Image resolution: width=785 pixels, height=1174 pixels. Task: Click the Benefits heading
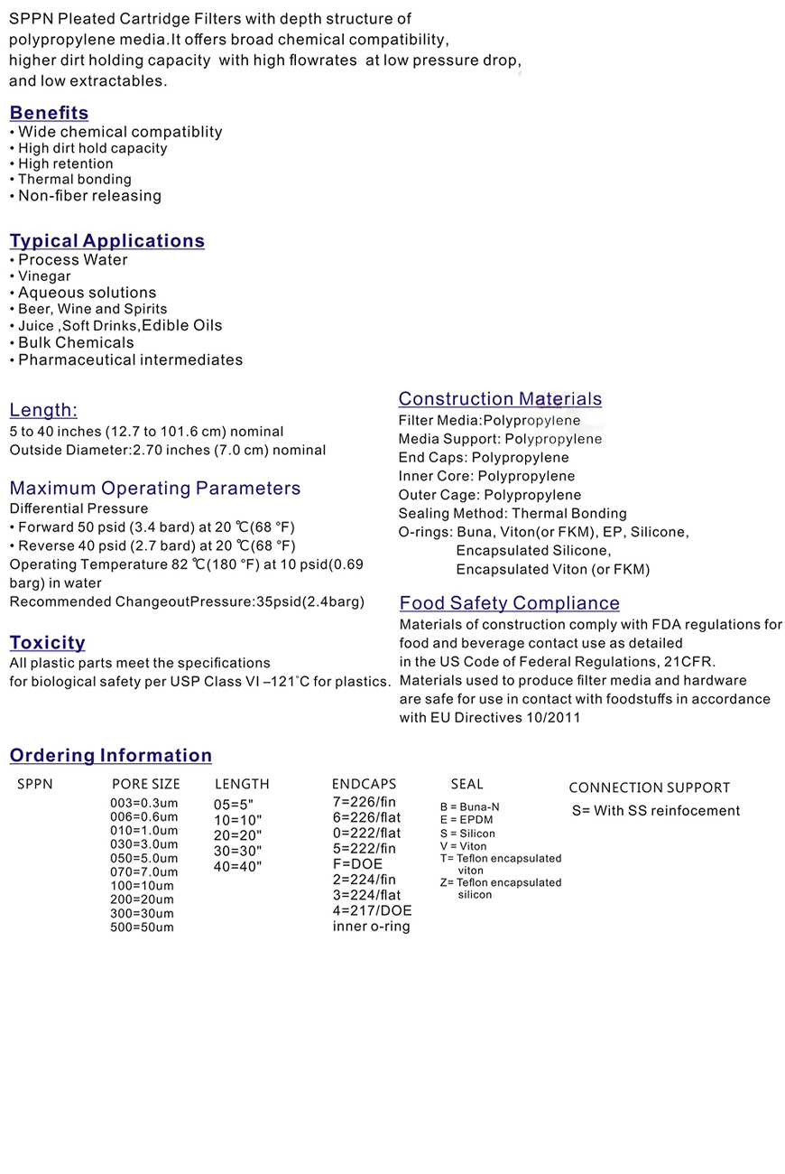tap(49, 113)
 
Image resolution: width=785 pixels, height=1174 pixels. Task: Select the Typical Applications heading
tap(106, 241)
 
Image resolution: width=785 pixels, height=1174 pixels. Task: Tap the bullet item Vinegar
tap(44, 276)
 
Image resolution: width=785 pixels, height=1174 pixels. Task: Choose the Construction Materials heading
tap(500, 399)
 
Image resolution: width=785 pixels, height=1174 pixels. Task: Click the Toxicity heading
tap(47, 643)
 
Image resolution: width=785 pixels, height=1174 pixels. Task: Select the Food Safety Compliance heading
tap(509, 603)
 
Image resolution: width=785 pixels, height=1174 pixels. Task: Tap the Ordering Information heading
tap(110, 756)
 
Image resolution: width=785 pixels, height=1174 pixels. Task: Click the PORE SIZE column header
tap(146, 784)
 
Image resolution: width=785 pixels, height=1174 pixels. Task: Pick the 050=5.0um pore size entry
tap(144, 858)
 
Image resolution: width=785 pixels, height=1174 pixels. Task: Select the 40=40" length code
tap(237, 866)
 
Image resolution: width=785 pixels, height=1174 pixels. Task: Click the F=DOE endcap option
tap(357, 864)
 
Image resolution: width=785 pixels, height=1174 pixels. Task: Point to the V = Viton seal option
tap(463, 846)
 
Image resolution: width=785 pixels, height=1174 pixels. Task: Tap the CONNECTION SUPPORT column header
tap(649, 787)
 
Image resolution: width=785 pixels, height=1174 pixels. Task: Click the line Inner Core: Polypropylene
tap(486, 476)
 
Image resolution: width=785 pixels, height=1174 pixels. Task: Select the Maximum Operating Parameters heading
tap(155, 489)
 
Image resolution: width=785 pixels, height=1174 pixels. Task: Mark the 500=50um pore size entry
tap(142, 927)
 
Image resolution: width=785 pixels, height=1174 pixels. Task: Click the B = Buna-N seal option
tap(469, 807)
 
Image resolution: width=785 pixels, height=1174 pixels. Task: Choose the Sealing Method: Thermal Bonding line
tap(513, 513)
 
